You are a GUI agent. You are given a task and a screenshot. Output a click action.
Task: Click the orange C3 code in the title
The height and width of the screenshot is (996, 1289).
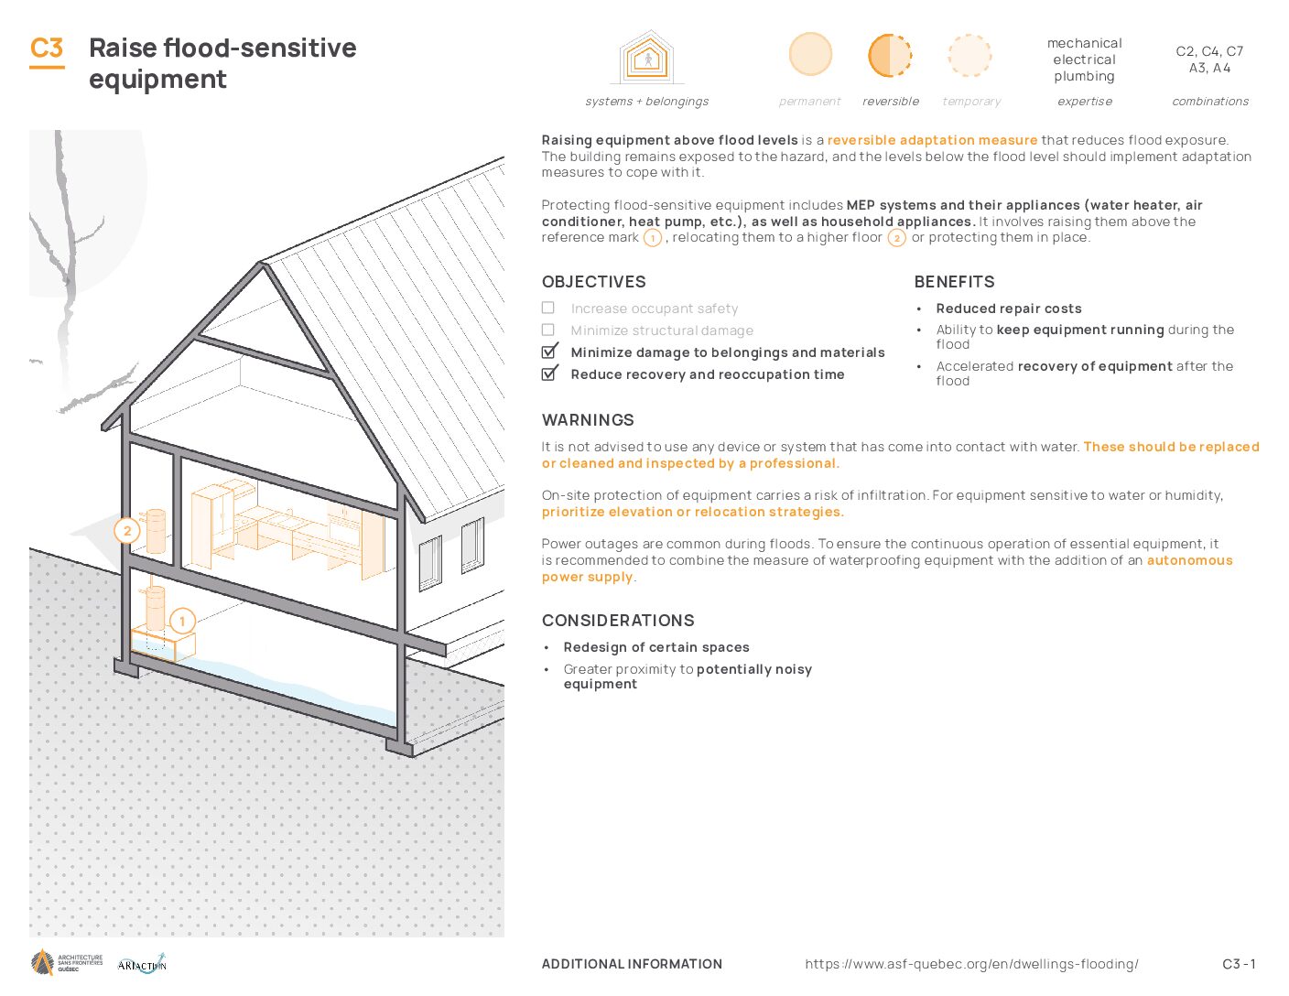(x=47, y=49)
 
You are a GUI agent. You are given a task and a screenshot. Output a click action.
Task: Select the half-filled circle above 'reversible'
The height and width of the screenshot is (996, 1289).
(x=890, y=56)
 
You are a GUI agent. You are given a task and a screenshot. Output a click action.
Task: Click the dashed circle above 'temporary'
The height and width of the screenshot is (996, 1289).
(x=969, y=56)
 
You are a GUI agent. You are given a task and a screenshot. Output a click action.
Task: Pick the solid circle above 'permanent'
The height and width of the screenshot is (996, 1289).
(x=810, y=55)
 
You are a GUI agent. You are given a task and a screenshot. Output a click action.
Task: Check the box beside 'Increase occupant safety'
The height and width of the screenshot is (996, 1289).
(x=548, y=308)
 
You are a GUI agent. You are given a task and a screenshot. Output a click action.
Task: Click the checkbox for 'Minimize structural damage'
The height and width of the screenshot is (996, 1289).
(x=548, y=330)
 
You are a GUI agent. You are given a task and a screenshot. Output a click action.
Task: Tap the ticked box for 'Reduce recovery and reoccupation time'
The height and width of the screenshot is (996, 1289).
(x=549, y=373)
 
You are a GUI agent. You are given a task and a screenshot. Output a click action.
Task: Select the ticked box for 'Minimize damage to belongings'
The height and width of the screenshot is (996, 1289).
(x=549, y=352)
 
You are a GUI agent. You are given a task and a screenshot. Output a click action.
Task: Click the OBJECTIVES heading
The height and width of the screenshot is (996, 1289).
(x=594, y=282)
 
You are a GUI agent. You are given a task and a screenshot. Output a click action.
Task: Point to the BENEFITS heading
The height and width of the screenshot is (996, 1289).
(x=955, y=282)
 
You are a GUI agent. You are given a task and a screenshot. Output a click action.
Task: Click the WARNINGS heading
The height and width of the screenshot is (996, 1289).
(x=588, y=420)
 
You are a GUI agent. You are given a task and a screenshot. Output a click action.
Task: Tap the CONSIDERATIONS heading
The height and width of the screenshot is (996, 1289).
(x=618, y=621)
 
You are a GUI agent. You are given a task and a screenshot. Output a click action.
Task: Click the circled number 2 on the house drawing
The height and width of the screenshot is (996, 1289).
(x=127, y=531)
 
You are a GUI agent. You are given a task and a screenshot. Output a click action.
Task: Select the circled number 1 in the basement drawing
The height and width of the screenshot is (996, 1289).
(x=182, y=621)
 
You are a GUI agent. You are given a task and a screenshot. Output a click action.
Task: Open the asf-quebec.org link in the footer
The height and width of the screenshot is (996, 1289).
(x=971, y=965)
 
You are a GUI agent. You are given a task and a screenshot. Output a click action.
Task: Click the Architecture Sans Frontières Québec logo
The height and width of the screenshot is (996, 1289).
(x=67, y=962)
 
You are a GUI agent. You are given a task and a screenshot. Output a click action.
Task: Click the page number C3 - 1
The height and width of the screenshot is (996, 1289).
(x=1239, y=965)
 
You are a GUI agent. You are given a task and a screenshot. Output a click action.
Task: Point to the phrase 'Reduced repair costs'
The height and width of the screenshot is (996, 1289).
(x=1009, y=309)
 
